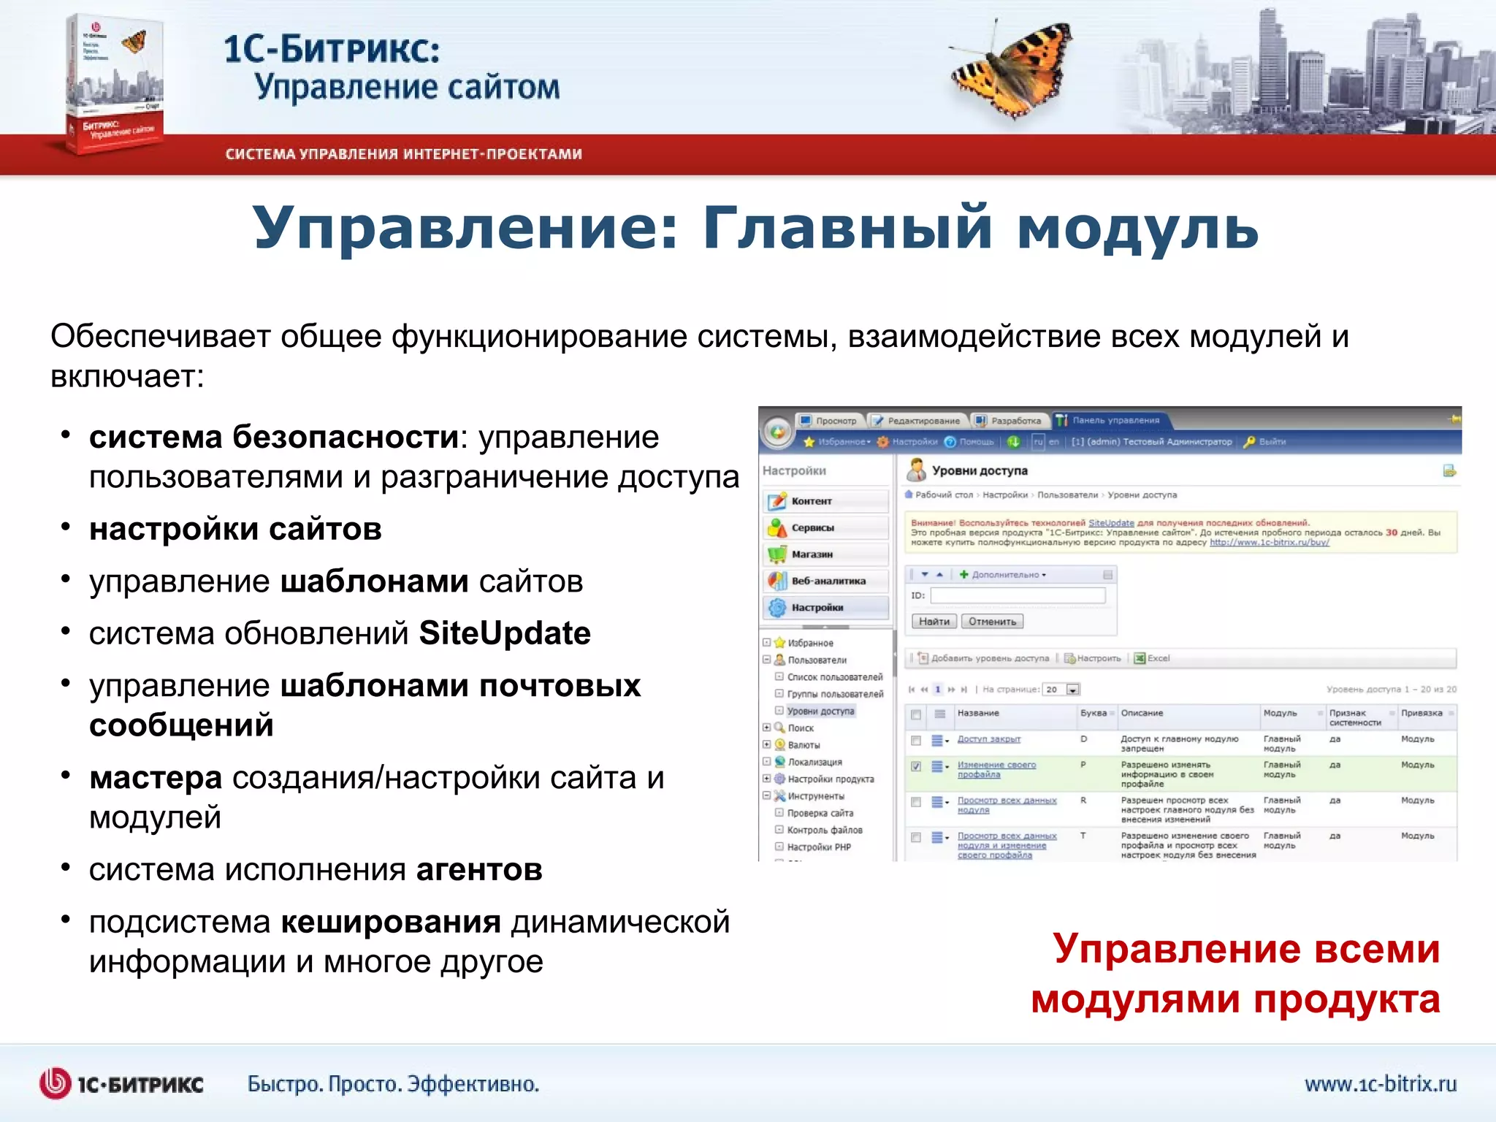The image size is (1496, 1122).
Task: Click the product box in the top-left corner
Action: (113, 84)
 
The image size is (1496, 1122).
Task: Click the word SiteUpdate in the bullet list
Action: (505, 633)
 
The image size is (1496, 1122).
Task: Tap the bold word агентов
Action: (479, 870)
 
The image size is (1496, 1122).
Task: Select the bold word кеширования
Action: (391, 923)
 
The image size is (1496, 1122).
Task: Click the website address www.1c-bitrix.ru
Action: (1380, 1083)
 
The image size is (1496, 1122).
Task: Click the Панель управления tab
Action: (1115, 421)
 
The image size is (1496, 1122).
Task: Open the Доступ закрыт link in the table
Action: (988, 739)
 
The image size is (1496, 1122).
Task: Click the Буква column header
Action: (1094, 713)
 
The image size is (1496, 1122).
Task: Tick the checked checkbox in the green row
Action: (916, 766)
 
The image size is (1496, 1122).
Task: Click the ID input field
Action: (1018, 596)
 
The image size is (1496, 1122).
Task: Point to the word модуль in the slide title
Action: (1137, 228)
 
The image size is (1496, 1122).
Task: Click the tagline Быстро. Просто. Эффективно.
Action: (393, 1084)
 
